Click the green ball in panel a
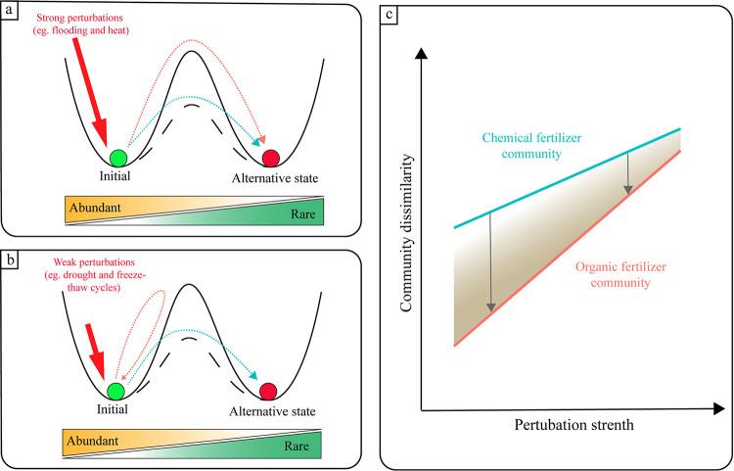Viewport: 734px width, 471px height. pos(118,157)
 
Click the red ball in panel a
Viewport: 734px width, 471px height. pos(271,157)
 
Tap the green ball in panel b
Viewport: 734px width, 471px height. pos(116,392)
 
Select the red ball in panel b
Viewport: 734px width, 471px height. pos(267,392)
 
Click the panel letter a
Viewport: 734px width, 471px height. pos(12,13)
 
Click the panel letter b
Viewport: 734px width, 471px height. pos(12,259)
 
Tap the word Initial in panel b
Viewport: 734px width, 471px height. pos(115,412)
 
